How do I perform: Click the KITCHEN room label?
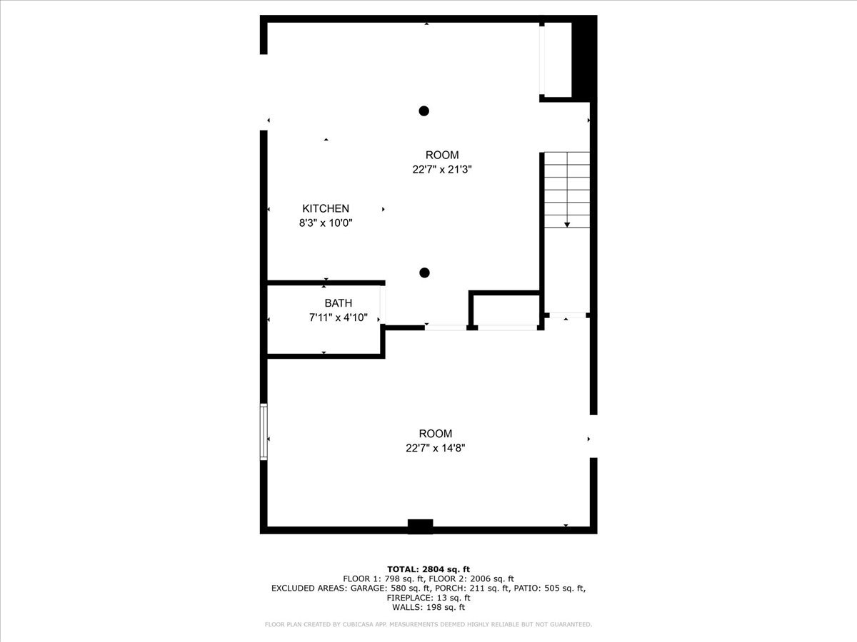coord(326,208)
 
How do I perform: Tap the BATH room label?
coord(338,303)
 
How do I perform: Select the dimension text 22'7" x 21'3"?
coord(442,170)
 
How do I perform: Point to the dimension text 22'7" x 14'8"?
coord(435,448)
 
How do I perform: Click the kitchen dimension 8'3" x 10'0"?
coord(326,223)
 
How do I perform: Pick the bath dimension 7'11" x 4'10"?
coord(338,317)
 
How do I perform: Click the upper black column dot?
coord(424,111)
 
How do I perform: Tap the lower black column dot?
coord(424,272)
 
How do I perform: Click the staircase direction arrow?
coord(567,224)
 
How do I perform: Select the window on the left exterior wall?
coord(264,432)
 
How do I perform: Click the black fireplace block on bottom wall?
coord(420,526)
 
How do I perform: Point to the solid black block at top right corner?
coord(585,57)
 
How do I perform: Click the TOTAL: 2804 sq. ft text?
coord(428,569)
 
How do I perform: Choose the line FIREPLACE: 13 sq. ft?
coord(428,598)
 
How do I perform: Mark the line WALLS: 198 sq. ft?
coord(428,608)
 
